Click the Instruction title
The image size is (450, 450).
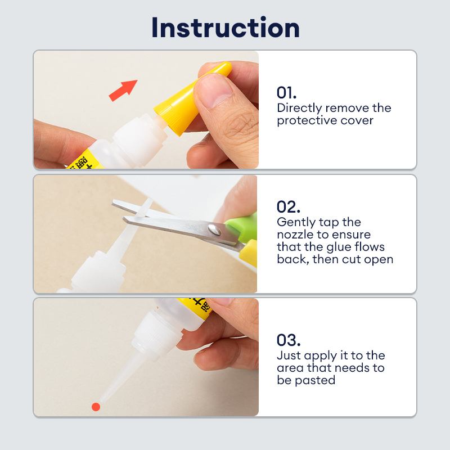click(226, 28)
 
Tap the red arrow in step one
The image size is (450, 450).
click(123, 91)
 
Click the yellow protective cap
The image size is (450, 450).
click(192, 98)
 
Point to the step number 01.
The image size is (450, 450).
click(286, 93)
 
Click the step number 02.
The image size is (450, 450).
click(289, 207)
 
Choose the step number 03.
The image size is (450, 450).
click(289, 340)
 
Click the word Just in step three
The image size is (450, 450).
click(289, 355)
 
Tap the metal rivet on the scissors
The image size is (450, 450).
click(214, 229)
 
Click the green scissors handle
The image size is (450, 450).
click(241, 227)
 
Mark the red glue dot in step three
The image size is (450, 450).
click(96, 407)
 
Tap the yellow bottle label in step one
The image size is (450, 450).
click(85, 161)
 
